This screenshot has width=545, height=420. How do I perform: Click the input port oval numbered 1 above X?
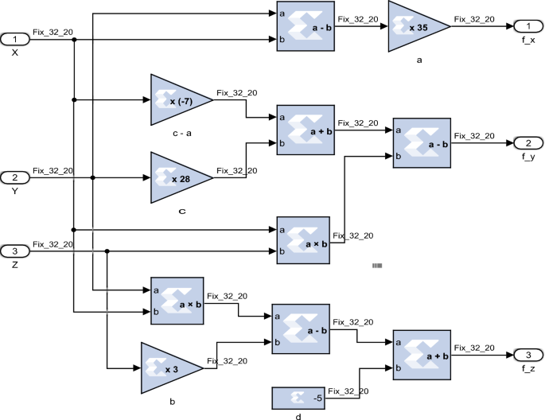(15, 39)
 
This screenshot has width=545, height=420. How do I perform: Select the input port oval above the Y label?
(15, 177)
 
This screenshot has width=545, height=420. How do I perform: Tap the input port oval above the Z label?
(15, 251)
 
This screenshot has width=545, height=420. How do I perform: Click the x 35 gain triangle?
(415, 26)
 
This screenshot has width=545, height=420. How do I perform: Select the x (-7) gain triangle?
(178, 100)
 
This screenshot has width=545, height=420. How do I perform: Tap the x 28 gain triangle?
(178, 177)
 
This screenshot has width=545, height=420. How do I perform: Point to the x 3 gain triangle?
(169, 368)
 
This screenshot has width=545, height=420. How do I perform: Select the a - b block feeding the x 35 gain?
(305, 26)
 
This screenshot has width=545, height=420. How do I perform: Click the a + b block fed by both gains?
(305, 130)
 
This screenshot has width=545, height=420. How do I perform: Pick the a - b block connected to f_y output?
(422, 143)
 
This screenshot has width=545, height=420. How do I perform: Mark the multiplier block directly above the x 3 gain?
(177, 301)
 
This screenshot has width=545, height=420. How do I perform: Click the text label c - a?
(182, 134)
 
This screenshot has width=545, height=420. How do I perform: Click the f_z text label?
(527, 369)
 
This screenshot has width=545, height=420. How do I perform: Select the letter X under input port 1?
(14, 52)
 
